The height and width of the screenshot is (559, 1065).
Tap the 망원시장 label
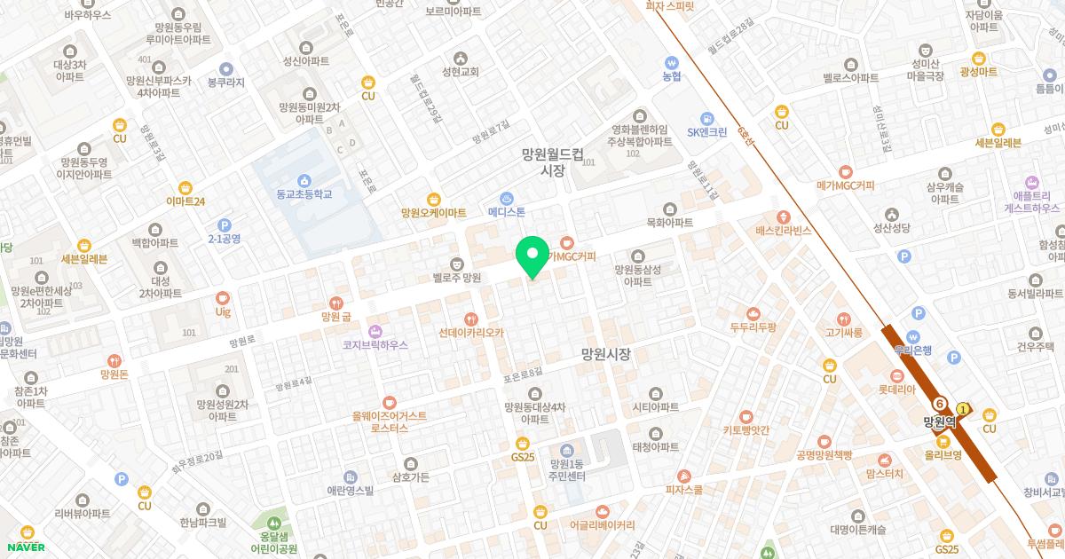tap(605, 354)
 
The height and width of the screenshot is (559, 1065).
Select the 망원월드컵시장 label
tap(552, 161)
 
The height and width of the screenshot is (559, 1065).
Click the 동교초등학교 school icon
tap(304, 180)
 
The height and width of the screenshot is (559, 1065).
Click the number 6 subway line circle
tap(939, 403)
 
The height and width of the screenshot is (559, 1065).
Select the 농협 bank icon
tap(672, 63)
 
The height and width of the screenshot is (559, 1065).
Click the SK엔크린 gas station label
tap(706, 132)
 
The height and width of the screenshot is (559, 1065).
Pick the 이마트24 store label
tap(185, 201)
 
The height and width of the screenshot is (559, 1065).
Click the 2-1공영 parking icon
tap(224, 225)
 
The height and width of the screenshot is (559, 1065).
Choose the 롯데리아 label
tap(896, 389)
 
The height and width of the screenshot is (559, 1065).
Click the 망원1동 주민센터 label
tap(568, 470)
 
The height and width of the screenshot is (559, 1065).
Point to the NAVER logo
tap(27, 547)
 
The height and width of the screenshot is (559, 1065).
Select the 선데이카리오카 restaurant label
tap(471, 333)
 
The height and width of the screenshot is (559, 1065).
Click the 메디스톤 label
tap(507, 212)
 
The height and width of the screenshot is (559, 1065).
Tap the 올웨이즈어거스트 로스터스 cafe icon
tap(389, 403)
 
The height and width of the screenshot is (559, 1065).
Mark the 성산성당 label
tap(893, 228)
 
